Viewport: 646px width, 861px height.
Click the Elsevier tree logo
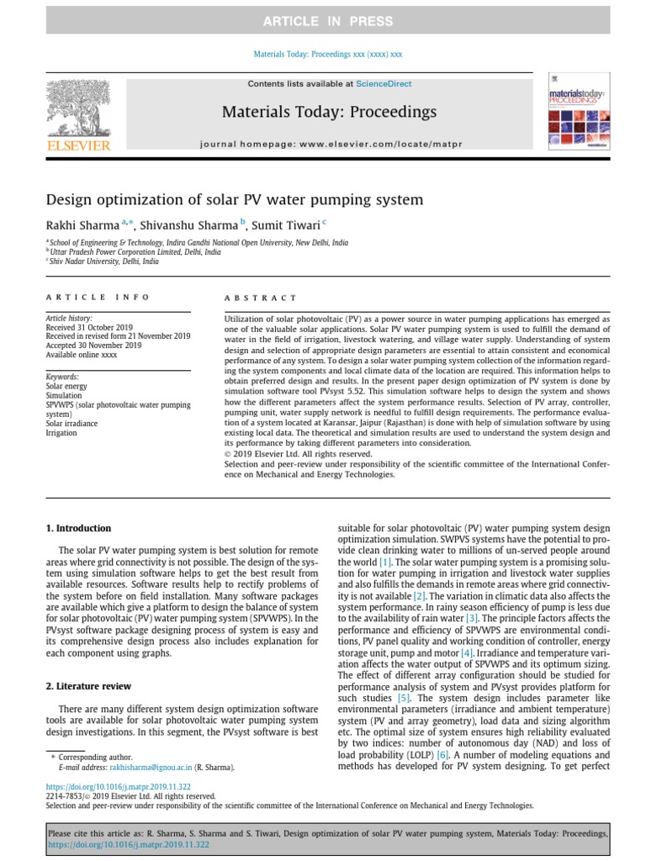coord(78,114)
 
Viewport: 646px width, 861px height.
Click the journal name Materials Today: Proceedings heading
coord(329,112)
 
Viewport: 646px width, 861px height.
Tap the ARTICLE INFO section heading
coord(98,297)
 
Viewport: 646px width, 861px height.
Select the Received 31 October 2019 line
coord(88,327)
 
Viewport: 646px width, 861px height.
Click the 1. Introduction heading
coord(77,528)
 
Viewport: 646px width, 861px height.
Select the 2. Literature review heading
coord(89,663)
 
